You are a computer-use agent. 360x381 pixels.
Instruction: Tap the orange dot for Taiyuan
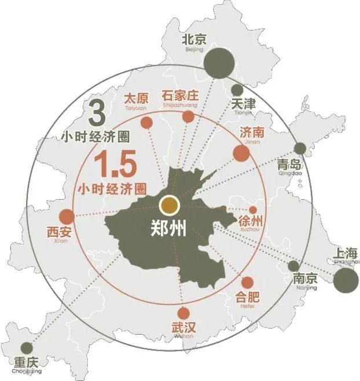point(146,123)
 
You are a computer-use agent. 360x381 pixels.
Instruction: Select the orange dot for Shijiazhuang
point(188,117)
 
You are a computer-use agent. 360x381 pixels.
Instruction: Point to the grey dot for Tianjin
point(237,90)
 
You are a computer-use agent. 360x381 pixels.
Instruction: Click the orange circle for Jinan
point(241,153)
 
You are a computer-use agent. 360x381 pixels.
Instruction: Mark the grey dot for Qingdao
point(300,148)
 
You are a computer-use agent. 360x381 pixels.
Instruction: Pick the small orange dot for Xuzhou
point(252,210)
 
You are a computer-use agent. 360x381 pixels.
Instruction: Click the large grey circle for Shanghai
point(346,279)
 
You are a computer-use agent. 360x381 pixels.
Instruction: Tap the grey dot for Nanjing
point(293,266)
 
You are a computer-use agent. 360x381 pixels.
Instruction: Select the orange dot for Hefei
point(247,283)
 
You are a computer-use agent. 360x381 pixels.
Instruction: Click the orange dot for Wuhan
point(183,313)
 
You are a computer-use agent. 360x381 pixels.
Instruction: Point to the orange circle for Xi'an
point(67,217)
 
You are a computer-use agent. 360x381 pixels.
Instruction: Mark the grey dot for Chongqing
point(27,348)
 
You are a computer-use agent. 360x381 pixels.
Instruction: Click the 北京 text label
point(194,40)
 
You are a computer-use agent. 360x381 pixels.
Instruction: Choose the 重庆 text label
point(26,363)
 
